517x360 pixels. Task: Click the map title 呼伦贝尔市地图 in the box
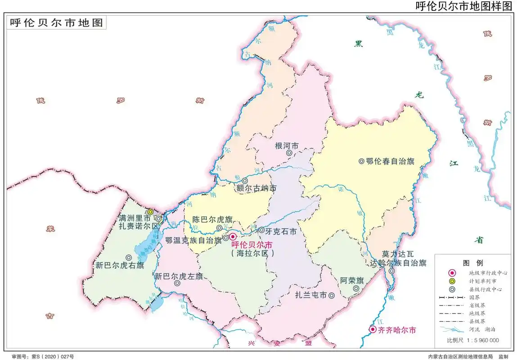coord(56,23)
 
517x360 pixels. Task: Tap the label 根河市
coord(287,146)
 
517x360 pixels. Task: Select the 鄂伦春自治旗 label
coord(390,161)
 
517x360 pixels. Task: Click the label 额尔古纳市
coord(256,189)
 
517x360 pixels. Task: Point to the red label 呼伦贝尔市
coord(252,245)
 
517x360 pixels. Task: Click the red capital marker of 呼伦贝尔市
coord(233,237)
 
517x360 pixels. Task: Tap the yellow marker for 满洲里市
coord(151,211)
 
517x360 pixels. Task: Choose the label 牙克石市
coord(281,231)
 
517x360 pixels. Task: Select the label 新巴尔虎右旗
coord(119,265)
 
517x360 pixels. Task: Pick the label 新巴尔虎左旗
coord(179,276)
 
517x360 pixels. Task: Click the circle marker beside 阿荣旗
coord(356,288)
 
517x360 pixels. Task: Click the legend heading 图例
coord(472,263)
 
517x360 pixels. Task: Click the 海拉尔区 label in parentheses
coord(252,253)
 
